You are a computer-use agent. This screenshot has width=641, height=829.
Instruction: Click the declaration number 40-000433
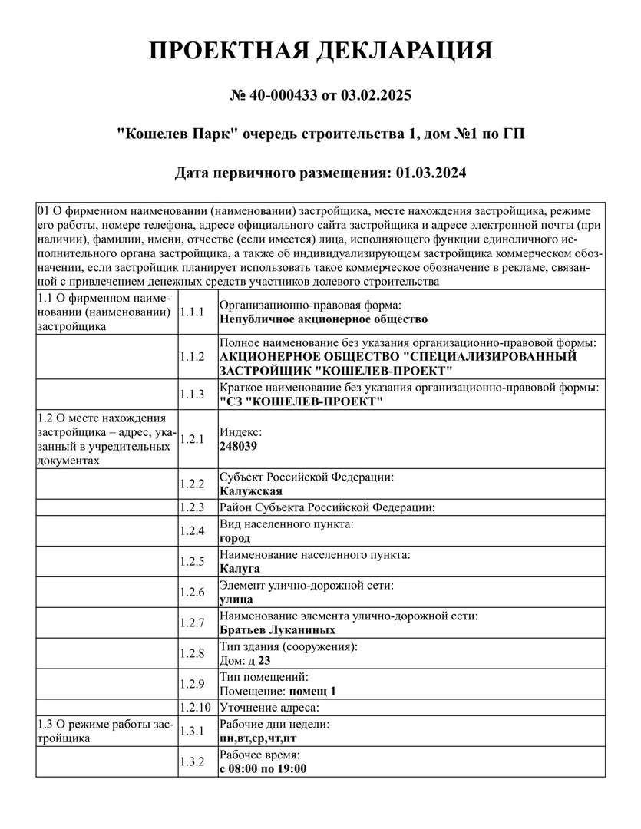(x=287, y=96)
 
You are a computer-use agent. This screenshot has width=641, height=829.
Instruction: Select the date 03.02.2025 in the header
(x=376, y=96)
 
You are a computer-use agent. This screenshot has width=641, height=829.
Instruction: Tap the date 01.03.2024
(x=431, y=173)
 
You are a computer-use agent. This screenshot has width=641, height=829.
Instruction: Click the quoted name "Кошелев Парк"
(x=176, y=134)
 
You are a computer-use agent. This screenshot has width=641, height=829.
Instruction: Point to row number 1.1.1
(x=191, y=312)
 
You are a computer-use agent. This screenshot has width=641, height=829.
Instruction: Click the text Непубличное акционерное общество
(x=324, y=319)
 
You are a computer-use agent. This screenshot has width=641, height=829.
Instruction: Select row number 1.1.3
(x=191, y=395)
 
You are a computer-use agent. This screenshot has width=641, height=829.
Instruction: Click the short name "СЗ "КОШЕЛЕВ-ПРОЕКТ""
(x=301, y=402)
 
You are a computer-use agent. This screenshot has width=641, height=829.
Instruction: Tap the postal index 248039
(x=238, y=446)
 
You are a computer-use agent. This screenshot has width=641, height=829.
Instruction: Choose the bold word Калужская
(x=251, y=491)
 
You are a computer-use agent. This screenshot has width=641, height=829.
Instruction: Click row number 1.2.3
(x=191, y=507)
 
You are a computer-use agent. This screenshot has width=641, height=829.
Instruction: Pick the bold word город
(x=235, y=538)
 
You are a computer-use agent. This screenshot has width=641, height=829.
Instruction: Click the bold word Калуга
(x=240, y=569)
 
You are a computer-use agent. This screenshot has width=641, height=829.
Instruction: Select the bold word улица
(x=236, y=599)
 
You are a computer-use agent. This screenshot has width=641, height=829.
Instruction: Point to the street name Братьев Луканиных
(x=277, y=630)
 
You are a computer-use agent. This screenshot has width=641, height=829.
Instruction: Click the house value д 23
(x=259, y=660)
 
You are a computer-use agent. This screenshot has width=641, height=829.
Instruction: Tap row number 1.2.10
(x=194, y=707)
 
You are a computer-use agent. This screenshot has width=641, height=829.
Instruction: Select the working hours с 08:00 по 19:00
(x=263, y=768)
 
